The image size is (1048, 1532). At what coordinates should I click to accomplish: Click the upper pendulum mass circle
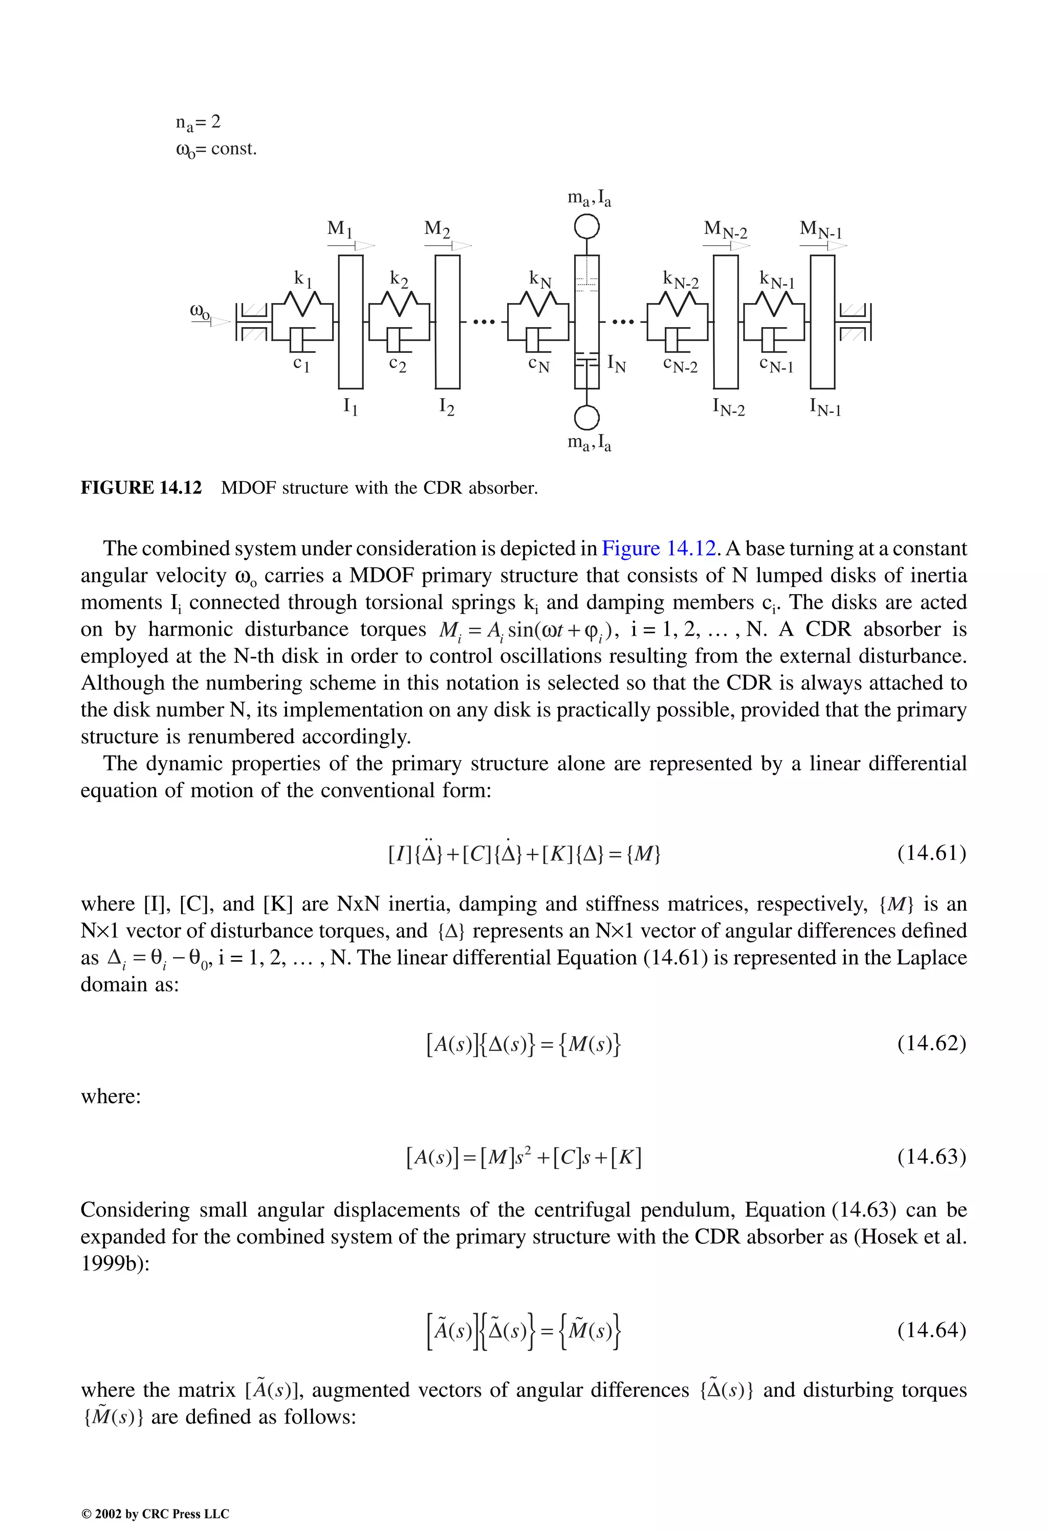(x=586, y=227)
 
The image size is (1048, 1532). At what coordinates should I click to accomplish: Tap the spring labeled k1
(x=301, y=305)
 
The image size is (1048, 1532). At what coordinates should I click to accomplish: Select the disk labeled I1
(x=351, y=321)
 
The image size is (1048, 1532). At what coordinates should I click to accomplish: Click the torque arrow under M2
(x=448, y=246)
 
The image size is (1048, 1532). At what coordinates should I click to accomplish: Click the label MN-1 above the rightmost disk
(x=821, y=230)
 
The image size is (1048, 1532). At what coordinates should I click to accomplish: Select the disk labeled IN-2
(x=726, y=321)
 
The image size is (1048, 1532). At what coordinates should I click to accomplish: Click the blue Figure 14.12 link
(x=658, y=549)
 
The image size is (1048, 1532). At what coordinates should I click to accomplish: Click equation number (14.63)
(x=931, y=1156)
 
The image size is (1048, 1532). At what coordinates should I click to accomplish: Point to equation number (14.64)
(x=931, y=1330)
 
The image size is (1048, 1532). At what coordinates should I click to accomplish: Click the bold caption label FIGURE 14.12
(x=141, y=488)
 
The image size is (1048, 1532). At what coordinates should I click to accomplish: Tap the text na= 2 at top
(x=198, y=122)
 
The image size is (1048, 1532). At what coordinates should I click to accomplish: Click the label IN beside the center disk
(x=616, y=363)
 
